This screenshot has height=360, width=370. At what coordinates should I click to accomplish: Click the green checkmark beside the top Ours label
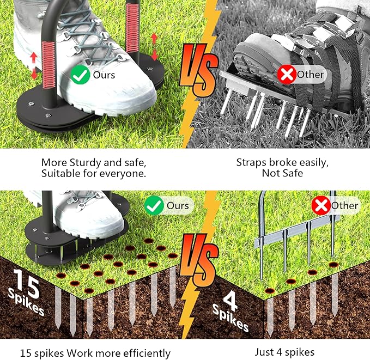(x=81, y=75)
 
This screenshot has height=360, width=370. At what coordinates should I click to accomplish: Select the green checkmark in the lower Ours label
(x=155, y=205)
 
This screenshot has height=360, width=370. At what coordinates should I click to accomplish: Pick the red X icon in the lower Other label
(x=320, y=206)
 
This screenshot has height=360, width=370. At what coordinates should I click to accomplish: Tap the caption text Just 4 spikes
(x=284, y=352)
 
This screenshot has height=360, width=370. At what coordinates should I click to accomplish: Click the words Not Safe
(x=283, y=174)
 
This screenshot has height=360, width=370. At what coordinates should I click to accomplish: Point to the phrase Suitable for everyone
(x=94, y=174)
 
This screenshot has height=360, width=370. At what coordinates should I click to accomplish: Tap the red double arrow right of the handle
(x=154, y=46)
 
